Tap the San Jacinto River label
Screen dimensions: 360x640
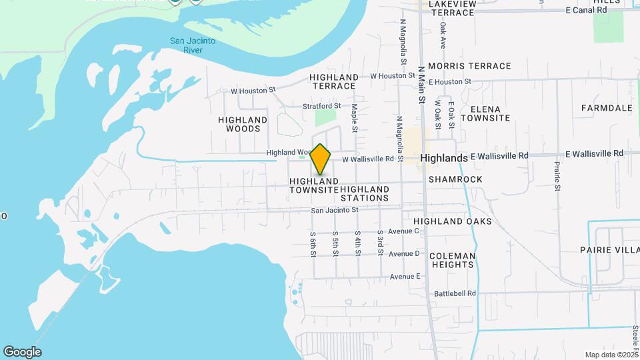pyautogui.click(x=193, y=45)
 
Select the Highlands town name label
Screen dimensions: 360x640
pyautogui.click(x=444, y=158)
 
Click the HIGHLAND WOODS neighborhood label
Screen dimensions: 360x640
pyautogui.click(x=243, y=124)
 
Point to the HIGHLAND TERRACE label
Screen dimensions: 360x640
pyautogui.click(x=334, y=81)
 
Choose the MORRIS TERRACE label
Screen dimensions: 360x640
pyautogui.click(x=469, y=66)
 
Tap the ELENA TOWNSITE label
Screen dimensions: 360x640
pyautogui.click(x=489, y=113)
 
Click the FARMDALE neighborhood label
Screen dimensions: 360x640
pyautogui.click(x=606, y=107)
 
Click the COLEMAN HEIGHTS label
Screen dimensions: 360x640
pyautogui.click(x=453, y=260)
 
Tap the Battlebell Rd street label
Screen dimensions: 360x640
pyautogui.click(x=455, y=293)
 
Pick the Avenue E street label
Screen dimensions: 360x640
pyautogui.click(x=405, y=276)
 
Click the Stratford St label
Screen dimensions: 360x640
pyautogui.click(x=321, y=105)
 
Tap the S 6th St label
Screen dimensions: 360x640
pyautogui.click(x=313, y=244)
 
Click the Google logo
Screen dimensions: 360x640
pyautogui.click(x=22, y=352)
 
